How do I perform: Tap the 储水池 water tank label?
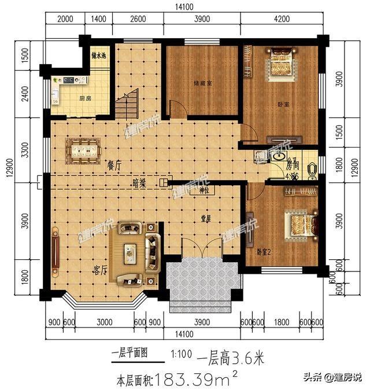tap(99, 56)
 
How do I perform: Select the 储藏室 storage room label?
tap(202, 83)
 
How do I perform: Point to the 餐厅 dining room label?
tap(113, 164)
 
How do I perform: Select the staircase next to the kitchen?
tap(127, 104)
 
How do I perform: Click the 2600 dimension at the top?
tap(138, 19)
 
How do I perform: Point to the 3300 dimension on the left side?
tap(24, 152)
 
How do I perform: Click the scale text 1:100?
tap(181, 352)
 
